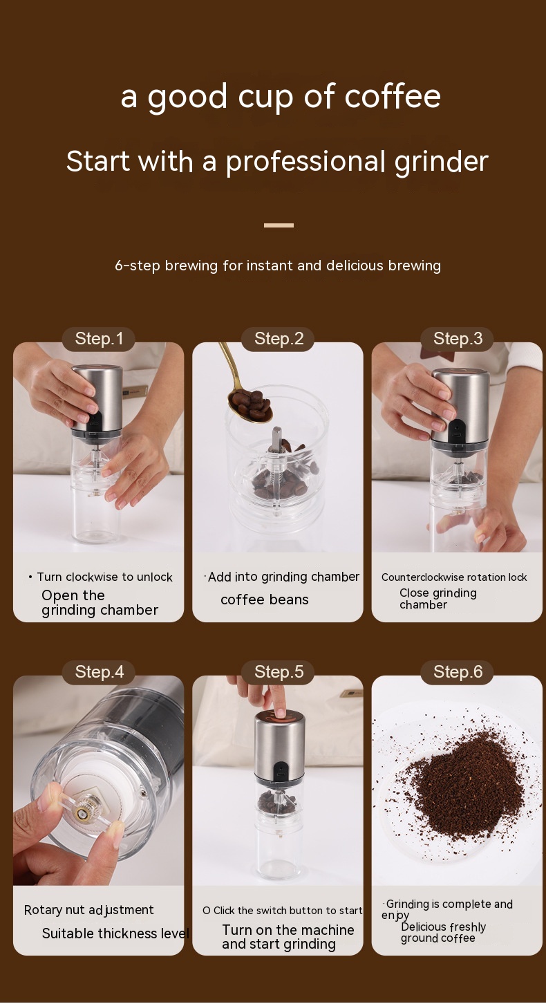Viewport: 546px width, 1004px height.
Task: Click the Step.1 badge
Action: click(99, 339)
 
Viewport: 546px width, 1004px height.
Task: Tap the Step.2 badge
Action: click(278, 339)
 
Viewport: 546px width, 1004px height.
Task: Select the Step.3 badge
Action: click(458, 339)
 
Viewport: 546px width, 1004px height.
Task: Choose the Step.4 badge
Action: click(99, 672)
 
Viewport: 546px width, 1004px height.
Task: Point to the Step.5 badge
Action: click(278, 672)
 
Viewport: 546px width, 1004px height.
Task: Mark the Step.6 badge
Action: click(458, 672)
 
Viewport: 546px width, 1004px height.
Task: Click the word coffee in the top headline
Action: click(393, 96)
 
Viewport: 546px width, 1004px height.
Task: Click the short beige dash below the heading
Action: click(279, 225)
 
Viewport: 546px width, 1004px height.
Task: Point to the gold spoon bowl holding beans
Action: click(250, 405)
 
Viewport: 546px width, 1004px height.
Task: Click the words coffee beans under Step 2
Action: click(264, 599)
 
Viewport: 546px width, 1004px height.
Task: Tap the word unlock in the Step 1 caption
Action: click(155, 577)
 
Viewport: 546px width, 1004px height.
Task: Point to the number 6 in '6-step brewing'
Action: click(119, 266)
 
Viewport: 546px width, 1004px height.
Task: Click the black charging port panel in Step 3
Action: click(456, 433)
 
